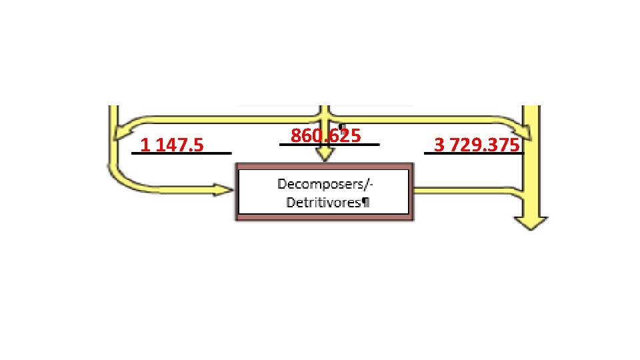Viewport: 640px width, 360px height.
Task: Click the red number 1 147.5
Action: pyautogui.click(x=172, y=145)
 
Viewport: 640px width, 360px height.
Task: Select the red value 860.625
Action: pyautogui.click(x=325, y=136)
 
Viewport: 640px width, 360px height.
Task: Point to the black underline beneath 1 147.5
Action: pyautogui.click(x=181, y=153)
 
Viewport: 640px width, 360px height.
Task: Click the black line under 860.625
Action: pyautogui.click(x=329, y=144)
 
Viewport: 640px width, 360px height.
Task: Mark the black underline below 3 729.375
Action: pyautogui.click(x=474, y=153)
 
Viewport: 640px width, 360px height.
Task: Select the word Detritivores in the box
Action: pyautogui.click(x=323, y=202)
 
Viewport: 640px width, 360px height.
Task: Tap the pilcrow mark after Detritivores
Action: pyautogui.click(x=365, y=202)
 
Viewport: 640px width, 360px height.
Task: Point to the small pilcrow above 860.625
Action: pyautogui.click(x=341, y=125)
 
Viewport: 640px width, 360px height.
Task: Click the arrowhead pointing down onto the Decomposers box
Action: pyautogui.click(x=325, y=155)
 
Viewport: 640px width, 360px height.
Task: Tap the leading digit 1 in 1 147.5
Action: pyautogui.click(x=143, y=145)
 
